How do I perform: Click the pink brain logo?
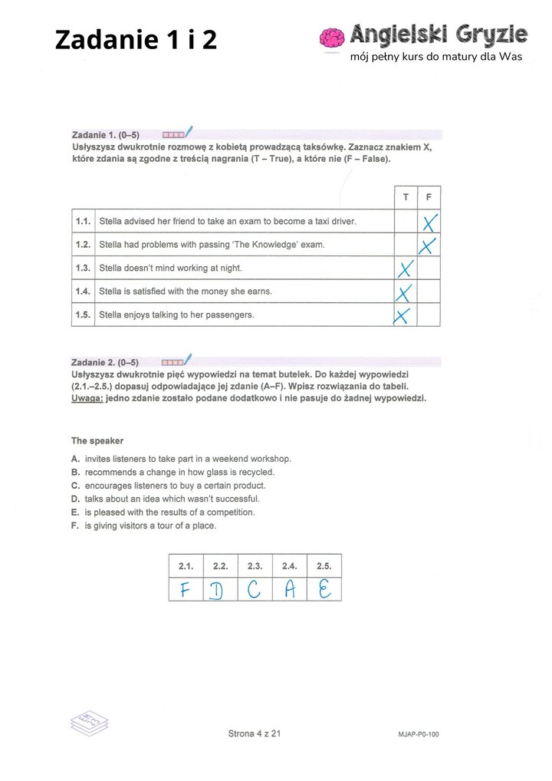coord(332,39)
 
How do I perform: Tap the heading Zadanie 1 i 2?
coord(136,39)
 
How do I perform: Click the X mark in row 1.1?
coord(429,222)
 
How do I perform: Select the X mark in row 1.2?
coord(429,246)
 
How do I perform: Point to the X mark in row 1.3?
coord(406,269)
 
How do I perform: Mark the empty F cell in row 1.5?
coord(429,315)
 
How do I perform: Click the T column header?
coord(406,198)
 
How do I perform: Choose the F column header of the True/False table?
coord(429,198)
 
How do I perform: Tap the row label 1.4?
coord(83,292)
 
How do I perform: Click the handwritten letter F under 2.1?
coord(185,590)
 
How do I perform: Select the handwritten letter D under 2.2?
coord(219,592)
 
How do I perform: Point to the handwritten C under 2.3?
coord(255,590)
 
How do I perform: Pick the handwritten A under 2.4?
coord(290,590)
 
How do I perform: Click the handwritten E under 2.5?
coord(324,590)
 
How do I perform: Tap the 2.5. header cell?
coord(324,566)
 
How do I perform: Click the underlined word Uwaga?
coord(87,398)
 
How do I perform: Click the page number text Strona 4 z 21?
coord(255,733)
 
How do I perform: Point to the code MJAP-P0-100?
coord(419,735)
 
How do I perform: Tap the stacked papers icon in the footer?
coord(90,722)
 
